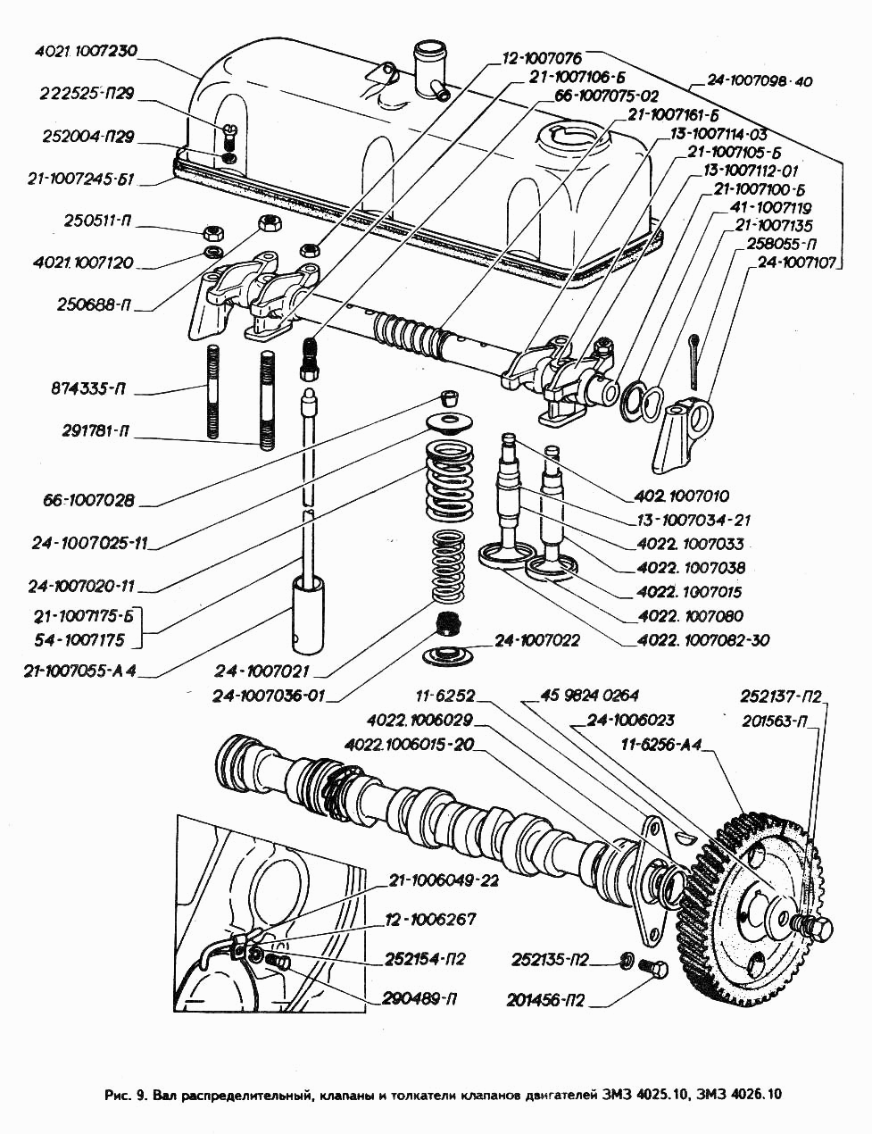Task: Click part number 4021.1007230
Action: click(86, 51)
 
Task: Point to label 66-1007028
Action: click(87, 500)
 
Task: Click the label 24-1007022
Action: click(537, 640)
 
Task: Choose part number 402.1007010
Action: click(683, 496)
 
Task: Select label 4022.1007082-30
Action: click(703, 640)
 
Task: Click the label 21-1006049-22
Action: click(444, 880)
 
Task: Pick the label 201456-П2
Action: click(544, 1000)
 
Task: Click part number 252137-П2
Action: click(781, 697)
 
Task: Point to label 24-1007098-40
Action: click(760, 81)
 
